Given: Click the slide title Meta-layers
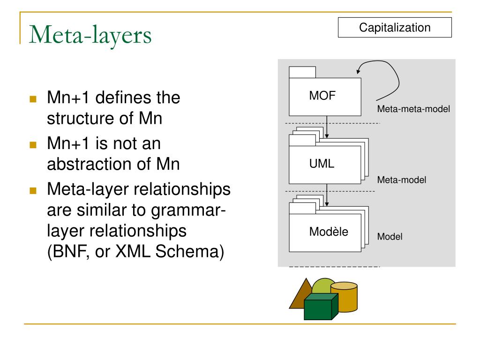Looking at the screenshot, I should tap(90, 35).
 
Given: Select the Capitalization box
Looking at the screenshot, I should tap(395, 28).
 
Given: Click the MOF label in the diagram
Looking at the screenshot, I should tap(322, 96).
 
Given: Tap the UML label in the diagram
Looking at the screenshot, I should tap(322, 164).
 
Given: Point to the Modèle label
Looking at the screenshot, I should tap(329, 232).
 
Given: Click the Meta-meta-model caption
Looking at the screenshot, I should tap(413, 109).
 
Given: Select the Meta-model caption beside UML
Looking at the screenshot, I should tap(402, 180).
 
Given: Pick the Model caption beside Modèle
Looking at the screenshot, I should tap(390, 237).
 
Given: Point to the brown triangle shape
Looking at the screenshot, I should tap(298, 296).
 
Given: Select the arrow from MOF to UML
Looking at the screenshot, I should tap(327, 127).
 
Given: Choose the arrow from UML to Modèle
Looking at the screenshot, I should tap(327, 195).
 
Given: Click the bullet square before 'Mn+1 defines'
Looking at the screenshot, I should tap(33, 99).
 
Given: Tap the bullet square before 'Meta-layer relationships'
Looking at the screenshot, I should tap(33, 191).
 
